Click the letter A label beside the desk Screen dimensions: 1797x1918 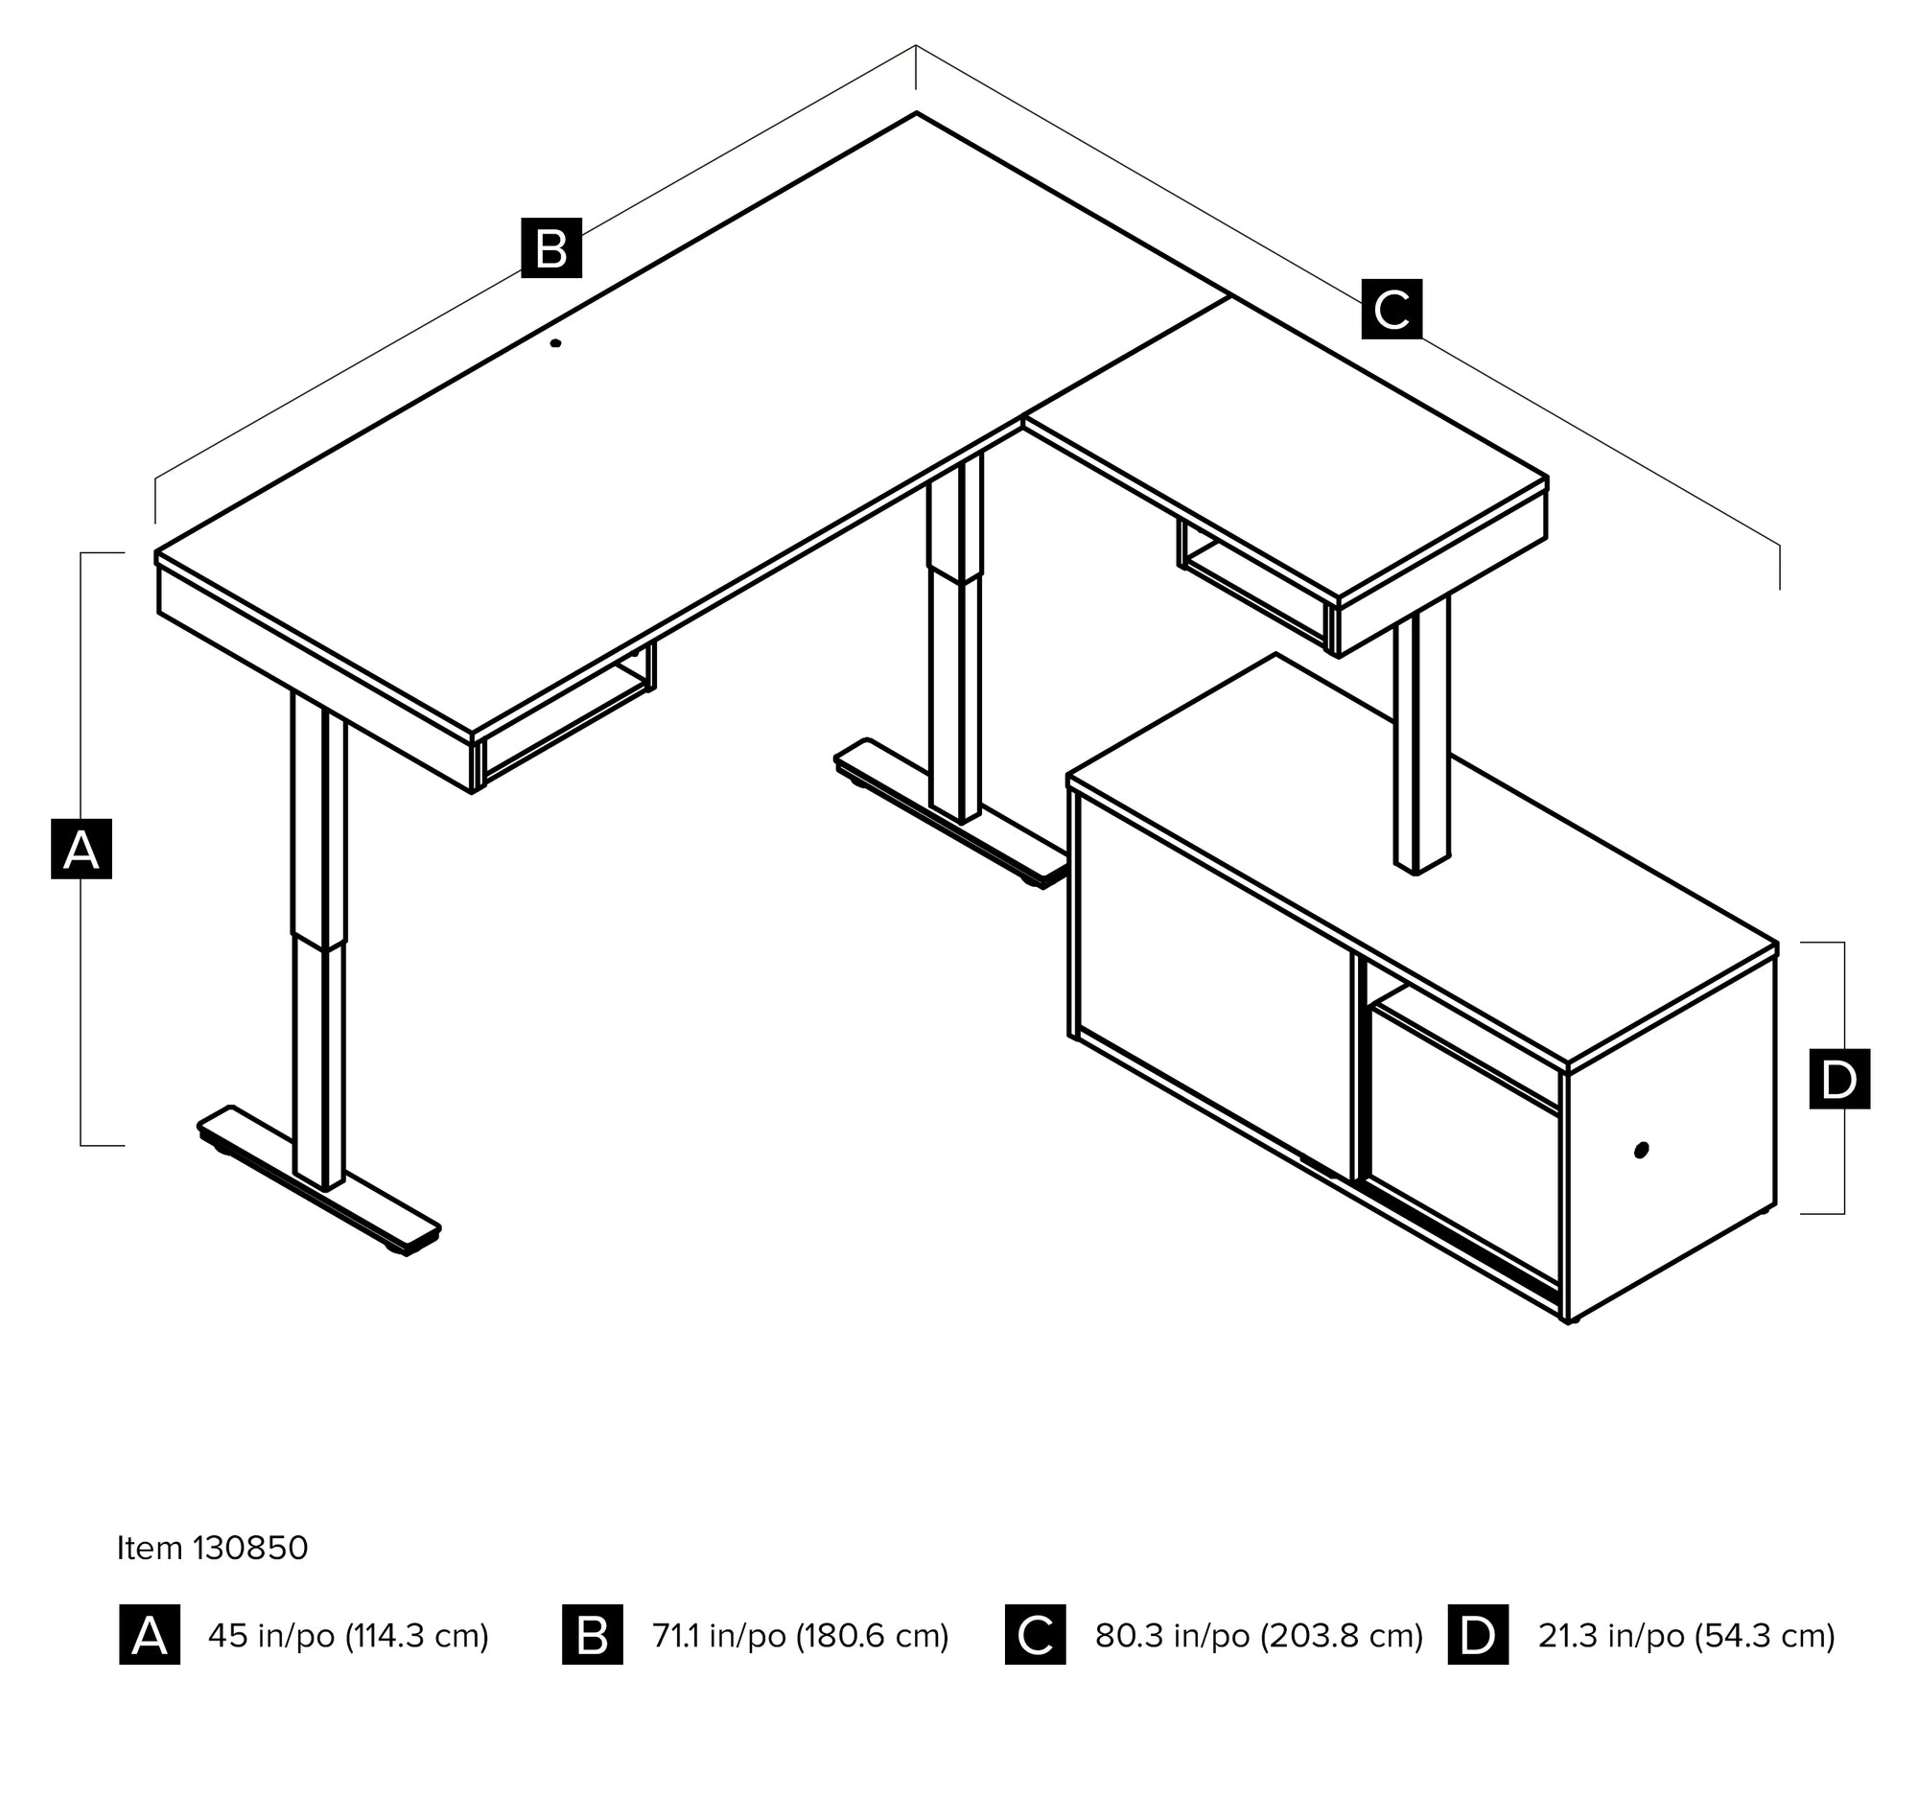coord(82,849)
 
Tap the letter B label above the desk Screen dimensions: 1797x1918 coord(550,248)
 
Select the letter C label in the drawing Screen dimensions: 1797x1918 coord(1392,309)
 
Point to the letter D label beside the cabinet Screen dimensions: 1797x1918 coord(1839,1079)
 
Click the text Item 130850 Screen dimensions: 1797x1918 coord(212,1547)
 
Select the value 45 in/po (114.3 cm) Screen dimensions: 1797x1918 coord(348,1635)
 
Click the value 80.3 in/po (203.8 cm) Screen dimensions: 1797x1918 coord(1258,1635)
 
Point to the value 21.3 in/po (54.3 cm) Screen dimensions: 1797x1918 coord(1686,1635)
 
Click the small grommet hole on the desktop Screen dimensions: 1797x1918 coord(555,342)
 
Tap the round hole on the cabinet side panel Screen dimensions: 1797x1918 coord(1642,1149)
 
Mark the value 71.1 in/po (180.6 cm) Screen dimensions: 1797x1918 coord(800,1635)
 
